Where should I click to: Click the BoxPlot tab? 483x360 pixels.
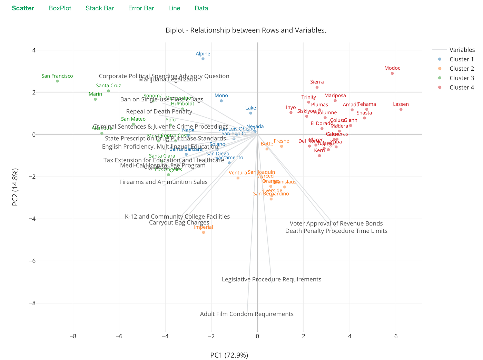coord(60,8)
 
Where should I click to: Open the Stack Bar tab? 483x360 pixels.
coord(99,8)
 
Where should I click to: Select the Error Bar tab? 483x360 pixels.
coord(141,8)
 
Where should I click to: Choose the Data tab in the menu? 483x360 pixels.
coord(201,8)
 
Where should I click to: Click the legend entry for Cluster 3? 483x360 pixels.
coord(462,78)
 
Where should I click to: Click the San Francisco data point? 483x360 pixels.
coord(57,81)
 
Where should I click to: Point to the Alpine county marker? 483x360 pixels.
coord(203,59)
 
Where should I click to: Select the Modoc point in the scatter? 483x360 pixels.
coord(392,73)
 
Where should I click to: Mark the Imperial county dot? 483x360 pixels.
coord(203,232)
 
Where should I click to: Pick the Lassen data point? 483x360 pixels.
coord(401,109)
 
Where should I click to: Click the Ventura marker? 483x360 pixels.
coord(238,178)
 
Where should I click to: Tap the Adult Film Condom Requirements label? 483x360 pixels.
coord(247,314)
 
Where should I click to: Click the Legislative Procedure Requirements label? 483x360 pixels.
coord(272,280)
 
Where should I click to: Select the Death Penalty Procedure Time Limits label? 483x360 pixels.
coord(336,231)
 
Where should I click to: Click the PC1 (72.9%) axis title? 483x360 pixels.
coord(229,355)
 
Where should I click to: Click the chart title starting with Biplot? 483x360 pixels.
coord(246,30)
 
